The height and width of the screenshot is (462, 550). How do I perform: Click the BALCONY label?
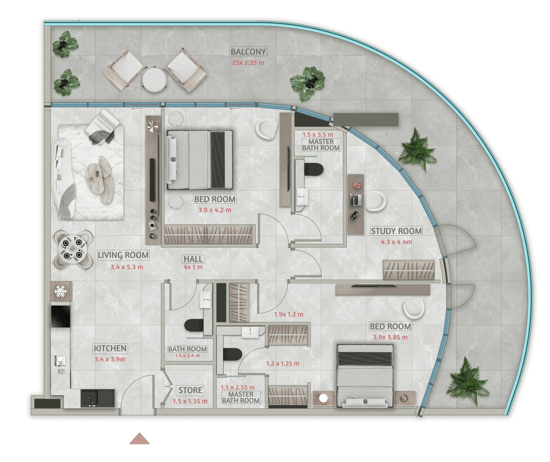248,52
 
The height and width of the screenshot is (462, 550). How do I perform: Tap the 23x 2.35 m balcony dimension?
248,63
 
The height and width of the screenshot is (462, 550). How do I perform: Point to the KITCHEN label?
110,348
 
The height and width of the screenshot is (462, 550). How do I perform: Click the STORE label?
190,390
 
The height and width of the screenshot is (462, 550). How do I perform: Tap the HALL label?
193,259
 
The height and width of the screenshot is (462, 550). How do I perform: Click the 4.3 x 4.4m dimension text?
396,242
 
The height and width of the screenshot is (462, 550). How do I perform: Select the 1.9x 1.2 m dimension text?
289,314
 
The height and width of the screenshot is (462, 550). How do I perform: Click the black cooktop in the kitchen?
60,316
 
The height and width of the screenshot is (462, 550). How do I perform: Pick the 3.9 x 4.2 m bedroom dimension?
215,210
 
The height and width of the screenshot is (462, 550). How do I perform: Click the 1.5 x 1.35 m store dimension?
190,401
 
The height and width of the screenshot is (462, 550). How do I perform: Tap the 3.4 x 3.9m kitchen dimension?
110,359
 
